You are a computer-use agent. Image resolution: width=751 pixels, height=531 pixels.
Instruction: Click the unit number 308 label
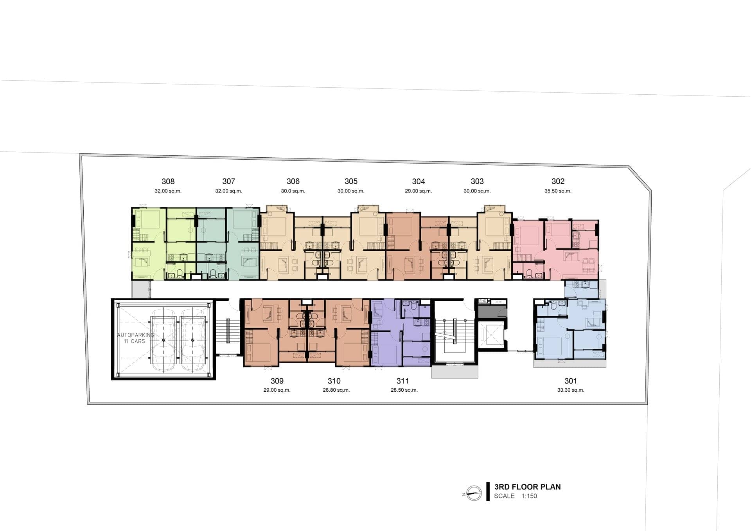(x=168, y=181)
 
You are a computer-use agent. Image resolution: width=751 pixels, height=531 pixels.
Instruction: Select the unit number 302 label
(x=558, y=181)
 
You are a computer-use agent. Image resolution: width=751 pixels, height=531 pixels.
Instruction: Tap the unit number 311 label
(x=402, y=381)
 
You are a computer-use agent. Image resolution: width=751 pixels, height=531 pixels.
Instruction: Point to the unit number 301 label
(x=571, y=381)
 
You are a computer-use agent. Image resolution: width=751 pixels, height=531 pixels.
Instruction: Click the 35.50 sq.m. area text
(x=558, y=191)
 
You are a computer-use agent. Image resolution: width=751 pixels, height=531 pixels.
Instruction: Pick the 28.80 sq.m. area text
(x=336, y=390)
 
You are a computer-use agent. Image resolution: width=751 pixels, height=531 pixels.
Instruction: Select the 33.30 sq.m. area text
(x=571, y=390)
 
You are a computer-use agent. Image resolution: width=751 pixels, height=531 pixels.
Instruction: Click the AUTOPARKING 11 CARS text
(x=135, y=338)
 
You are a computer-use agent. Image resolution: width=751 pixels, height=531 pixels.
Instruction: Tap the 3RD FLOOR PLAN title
(x=527, y=487)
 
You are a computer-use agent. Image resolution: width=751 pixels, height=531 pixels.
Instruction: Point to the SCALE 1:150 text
(x=516, y=496)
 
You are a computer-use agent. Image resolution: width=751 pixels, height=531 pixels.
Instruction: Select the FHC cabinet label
(x=483, y=301)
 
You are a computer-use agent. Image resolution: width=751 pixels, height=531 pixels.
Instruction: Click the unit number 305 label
(x=351, y=181)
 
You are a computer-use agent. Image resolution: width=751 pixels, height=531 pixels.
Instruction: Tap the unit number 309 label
(x=277, y=381)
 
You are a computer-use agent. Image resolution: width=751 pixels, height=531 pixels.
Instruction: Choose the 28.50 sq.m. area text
(x=404, y=390)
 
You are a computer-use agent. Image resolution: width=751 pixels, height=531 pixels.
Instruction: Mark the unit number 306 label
(x=293, y=181)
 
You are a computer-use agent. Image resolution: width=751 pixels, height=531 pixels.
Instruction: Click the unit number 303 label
(x=477, y=181)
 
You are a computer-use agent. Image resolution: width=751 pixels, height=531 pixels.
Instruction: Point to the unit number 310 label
(x=334, y=381)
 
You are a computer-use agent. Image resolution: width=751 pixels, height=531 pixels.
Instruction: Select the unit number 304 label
(x=419, y=181)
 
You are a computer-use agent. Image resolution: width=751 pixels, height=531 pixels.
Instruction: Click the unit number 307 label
(x=229, y=181)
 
